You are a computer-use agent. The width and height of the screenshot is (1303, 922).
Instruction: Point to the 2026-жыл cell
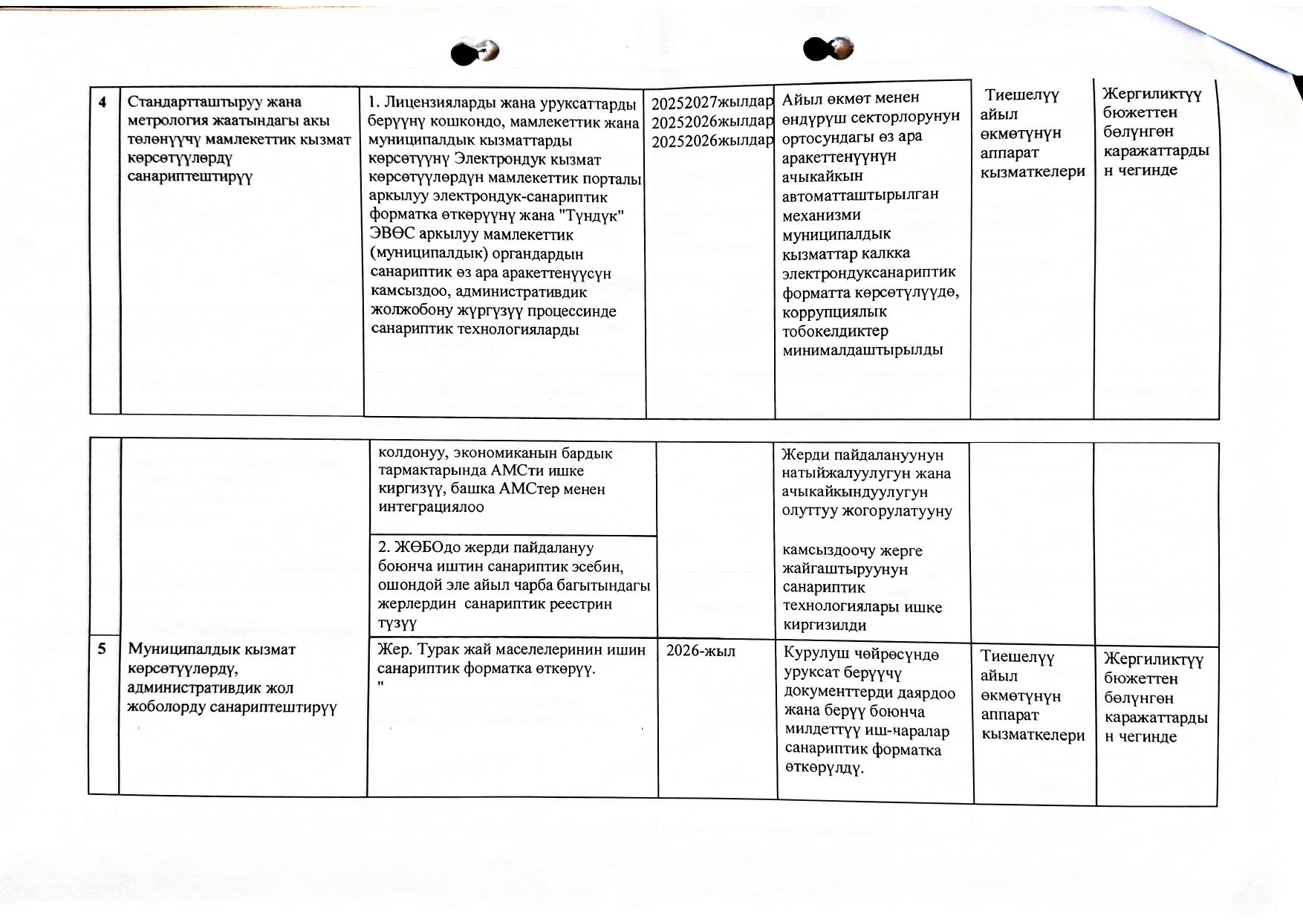coord(701,652)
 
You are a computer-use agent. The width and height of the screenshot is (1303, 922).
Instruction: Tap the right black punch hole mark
coord(828,49)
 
